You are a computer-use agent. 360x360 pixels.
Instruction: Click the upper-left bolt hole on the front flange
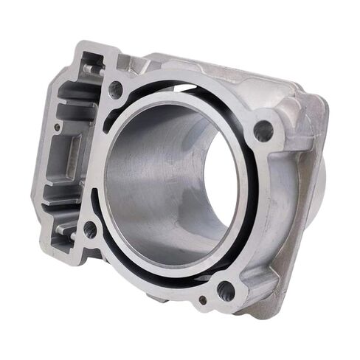click(x=116, y=90)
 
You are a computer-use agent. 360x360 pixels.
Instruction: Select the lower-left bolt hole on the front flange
click(x=91, y=229)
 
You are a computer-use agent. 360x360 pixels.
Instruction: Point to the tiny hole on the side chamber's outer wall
click(x=57, y=126)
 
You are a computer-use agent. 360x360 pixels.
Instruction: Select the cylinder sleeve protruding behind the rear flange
click(x=322, y=184)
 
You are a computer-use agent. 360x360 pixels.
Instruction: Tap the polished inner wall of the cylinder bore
click(x=148, y=184)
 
